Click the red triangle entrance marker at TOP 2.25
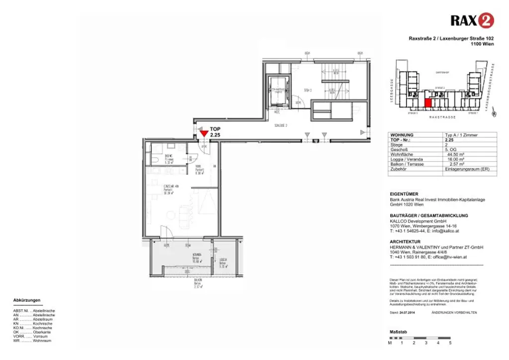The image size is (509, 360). tap(204, 132)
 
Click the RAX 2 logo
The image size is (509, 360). tap(472, 20)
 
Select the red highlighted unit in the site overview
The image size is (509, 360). tap(428, 103)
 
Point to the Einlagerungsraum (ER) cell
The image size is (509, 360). tap(468, 169)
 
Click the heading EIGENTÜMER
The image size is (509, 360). tap(404, 194)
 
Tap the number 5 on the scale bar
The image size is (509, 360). tap(450, 343)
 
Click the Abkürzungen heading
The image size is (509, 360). tap(27, 300)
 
